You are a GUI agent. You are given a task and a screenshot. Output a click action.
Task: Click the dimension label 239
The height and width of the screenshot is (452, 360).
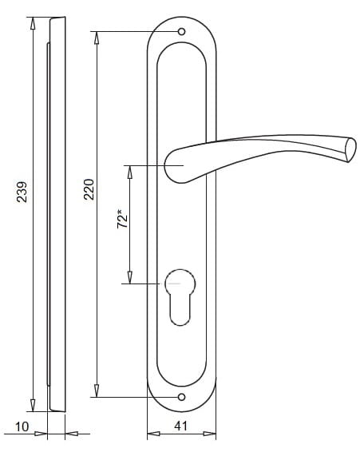pyautogui.click(x=22, y=192)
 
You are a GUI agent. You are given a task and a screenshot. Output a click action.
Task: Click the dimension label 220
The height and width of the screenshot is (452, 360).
pyautogui.click(x=89, y=190)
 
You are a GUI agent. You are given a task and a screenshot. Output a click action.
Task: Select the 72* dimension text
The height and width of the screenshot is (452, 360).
pyautogui.click(x=122, y=220)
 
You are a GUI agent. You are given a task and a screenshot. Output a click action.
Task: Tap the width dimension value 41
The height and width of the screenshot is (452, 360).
pyautogui.click(x=180, y=426)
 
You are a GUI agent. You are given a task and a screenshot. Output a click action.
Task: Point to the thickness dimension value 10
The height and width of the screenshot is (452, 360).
pyautogui.click(x=22, y=427)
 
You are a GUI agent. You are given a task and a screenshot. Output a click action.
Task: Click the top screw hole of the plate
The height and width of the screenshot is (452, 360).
pyautogui.click(x=181, y=32)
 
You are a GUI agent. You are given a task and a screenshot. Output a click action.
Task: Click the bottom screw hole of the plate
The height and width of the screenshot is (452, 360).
pyautogui.click(x=181, y=397)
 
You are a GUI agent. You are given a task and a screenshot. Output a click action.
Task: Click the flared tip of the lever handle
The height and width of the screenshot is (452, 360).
pyautogui.click(x=350, y=150)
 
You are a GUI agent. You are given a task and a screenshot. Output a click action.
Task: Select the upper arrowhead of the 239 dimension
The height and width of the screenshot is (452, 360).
pyautogui.click(x=33, y=23)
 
